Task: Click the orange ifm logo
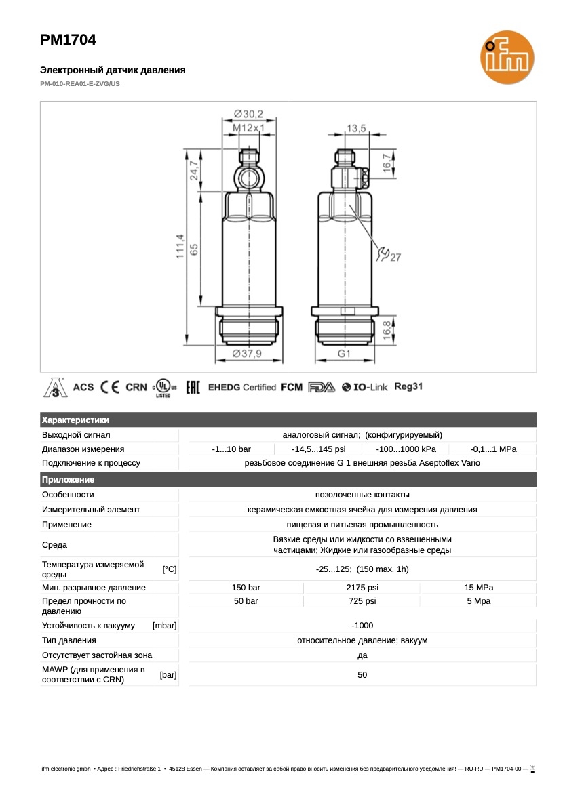pyautogui.click(x=505, y=61)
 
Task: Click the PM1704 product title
pyautogui.click(x=68, y=40)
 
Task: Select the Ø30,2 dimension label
pyautogui.click(x=248, y=113)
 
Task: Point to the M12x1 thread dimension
pyautogui.click(x=248, y=127)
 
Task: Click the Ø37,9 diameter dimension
pyautogui.click(x=248, y=354)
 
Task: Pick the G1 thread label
pyautogui.click(x=344, y=354)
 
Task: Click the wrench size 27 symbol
pyautogui.click(x=389, y=255)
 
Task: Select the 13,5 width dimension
pyautogui.click(x=356, y=128)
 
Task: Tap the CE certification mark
pyautogui.click(x=110, y=387)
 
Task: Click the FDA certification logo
pyautogui.click(x=322, y=387)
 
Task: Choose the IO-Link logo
pyautogui.click(x=365, y=387)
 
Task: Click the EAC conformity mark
pyautogui.click(x=193, y=387)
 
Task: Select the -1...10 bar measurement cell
pyautogui.click(x=231, y=449)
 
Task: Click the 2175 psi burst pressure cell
pyautogui.click(x=362, y=587)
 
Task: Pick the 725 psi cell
pyautogui.click(x=362, y=601)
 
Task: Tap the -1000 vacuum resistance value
pyautogui.click(x=362, y=625)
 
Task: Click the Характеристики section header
pyautogui.click(x=75, y=420)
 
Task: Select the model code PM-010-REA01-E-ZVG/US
pyautogui.click(x=79, y=84)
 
